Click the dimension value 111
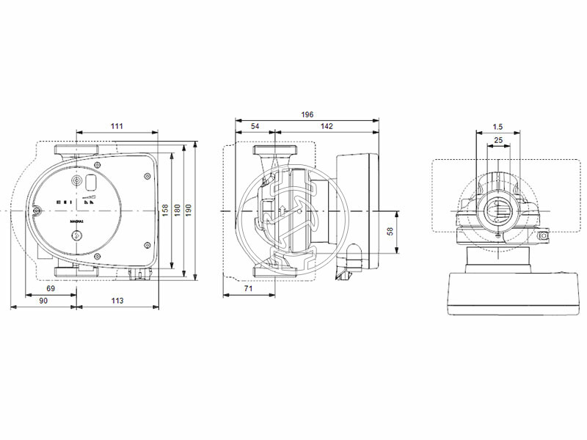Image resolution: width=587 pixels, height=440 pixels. (x=117, y=126)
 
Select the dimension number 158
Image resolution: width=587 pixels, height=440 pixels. (x=165, y=210)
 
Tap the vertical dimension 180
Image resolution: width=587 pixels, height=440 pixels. (x=177, y=210)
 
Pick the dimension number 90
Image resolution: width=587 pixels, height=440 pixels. (x=43, y=301)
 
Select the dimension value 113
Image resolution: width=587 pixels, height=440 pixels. (x=117, y=301)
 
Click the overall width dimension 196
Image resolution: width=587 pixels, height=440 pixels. (x=306, y=114)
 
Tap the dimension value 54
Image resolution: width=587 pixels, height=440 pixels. (x=255, y=126)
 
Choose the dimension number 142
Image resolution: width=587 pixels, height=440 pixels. (x=326, y=126)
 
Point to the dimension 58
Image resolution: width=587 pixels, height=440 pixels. (x=390, y=231)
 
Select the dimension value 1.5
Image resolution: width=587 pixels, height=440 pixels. (x=498, y=126)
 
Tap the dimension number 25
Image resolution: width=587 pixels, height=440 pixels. (x=498, y=139)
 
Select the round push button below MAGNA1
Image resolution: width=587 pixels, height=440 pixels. (x=76, y=236)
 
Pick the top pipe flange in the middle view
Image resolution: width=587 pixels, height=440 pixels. (x=275, y=151)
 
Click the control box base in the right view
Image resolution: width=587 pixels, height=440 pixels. (x=498, y=293)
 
